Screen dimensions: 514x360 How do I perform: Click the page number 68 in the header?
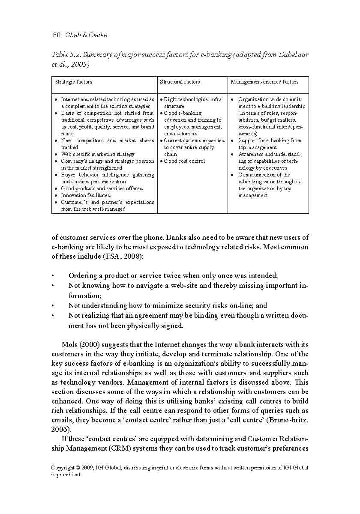pos(56,35)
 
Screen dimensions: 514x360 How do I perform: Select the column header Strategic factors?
pos(73,82)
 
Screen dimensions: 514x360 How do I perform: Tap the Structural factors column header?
pos(180,82)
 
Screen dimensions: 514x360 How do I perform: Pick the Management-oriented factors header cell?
pos(264,82)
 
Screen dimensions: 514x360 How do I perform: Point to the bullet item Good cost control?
pos(184,161)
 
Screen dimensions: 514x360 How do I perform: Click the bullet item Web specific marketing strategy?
pos(97,154)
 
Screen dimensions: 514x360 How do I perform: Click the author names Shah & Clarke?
pos(87,35)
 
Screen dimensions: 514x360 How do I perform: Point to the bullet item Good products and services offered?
pos(102,188)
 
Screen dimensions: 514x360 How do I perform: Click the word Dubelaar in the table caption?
pos(294,55)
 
